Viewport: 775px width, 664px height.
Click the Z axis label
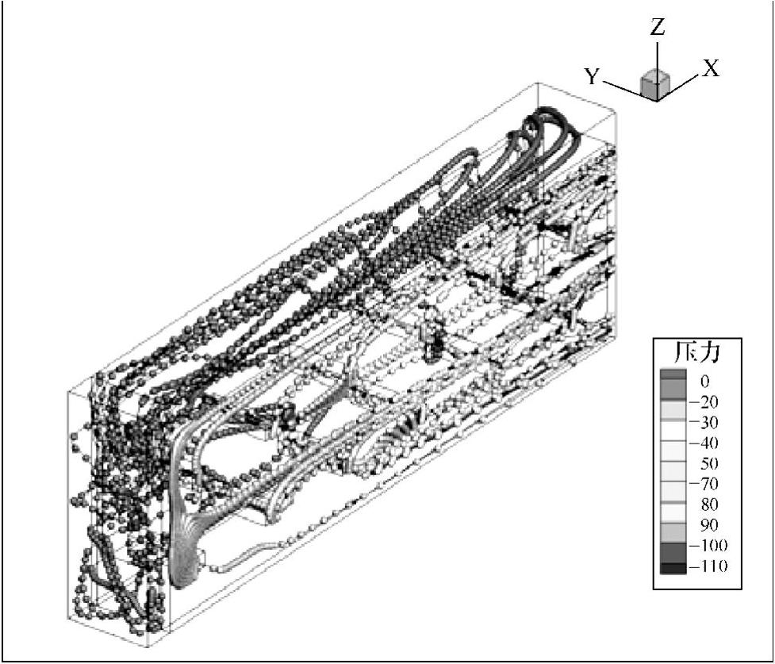coord(657,29)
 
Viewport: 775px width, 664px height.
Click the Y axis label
coord(593,77)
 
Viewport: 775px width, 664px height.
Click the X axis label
coord(710,69)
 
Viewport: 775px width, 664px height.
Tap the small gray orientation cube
coord(654,84)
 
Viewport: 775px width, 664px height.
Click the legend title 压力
coord(697,351)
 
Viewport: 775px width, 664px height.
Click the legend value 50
coord(704,463)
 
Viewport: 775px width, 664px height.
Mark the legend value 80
coord(704,505)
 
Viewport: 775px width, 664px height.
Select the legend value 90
coord(704,525)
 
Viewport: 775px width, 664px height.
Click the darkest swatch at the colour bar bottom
coord(673,567)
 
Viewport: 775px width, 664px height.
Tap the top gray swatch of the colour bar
coord(673,375)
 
